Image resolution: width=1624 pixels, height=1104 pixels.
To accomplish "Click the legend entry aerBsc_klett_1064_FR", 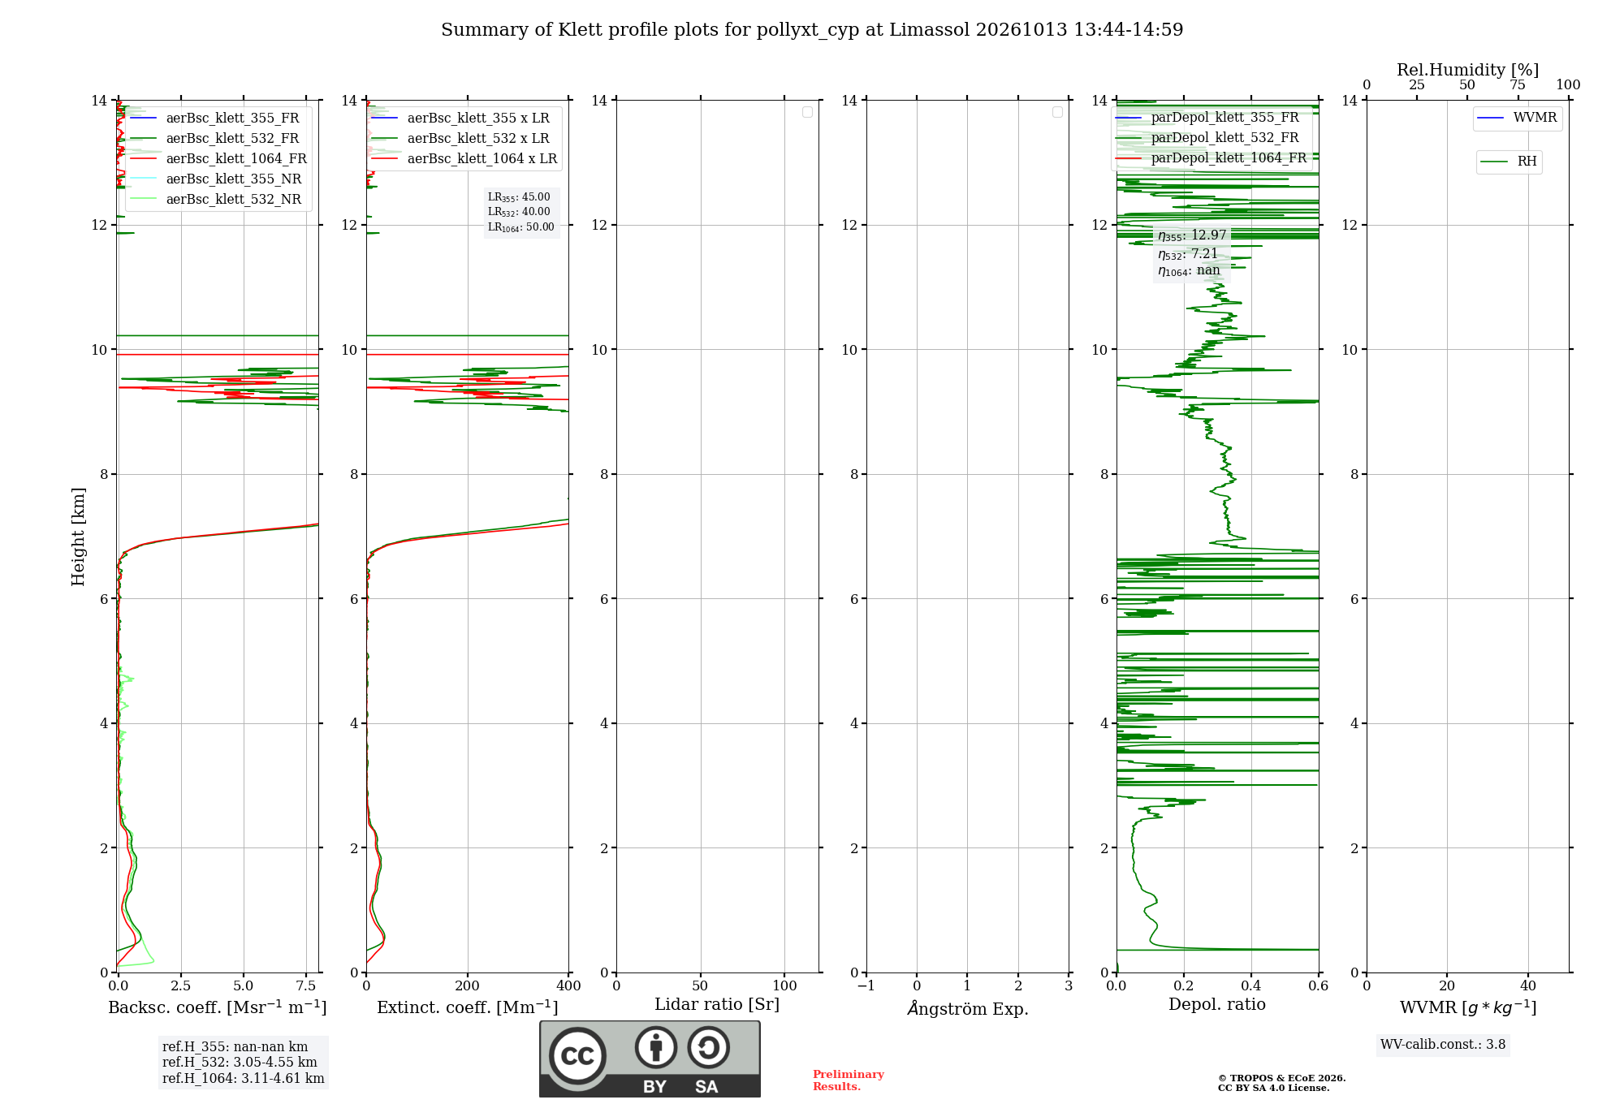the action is tap(218, 159).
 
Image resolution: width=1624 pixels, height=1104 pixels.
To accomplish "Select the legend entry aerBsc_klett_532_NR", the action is tap(216, 200).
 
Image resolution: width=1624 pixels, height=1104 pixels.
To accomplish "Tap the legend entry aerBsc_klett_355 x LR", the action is tap(460, 119).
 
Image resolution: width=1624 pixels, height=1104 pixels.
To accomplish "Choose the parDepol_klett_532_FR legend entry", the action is tap(1207, 138).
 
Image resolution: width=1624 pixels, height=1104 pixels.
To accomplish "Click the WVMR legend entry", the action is tap(1518, 118).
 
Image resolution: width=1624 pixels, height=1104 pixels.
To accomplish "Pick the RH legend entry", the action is tap(1510, 162).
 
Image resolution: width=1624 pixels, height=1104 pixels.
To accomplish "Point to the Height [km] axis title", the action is tap(78, 537).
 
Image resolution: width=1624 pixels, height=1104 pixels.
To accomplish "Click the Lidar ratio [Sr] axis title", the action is tap(717, 1004).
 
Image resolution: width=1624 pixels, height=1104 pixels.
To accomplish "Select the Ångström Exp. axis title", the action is tap(968, 1008).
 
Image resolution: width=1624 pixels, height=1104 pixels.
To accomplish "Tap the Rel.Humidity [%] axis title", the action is tap(1467, 70).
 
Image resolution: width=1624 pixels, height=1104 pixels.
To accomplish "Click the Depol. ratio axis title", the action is tap(1217, 1004).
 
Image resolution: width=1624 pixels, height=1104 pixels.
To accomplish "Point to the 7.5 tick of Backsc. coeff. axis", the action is tap(306, 985).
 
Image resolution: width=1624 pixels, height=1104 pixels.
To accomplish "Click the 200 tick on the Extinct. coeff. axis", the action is tap(468, 985).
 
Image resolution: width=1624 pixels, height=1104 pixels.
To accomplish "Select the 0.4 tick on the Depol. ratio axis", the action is tap(1251, 985).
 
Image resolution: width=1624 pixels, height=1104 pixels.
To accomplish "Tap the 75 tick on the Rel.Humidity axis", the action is tap(1518, 85).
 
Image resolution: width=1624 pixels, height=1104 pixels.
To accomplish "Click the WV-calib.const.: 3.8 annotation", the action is tap(1443, 1045).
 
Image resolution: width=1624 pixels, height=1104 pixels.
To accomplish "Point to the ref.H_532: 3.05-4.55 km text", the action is tap(240, 1063).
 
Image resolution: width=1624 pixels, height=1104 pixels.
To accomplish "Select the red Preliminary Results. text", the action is tap(849, 1080).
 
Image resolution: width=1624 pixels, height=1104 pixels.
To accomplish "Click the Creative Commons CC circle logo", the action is tap(577, 1056).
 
